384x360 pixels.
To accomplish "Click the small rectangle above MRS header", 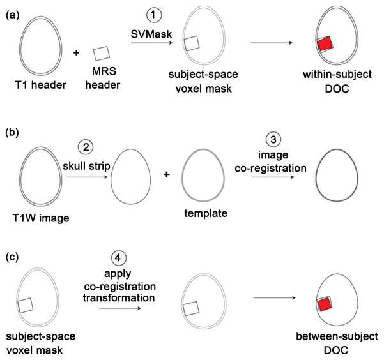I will click(x=102, y=53).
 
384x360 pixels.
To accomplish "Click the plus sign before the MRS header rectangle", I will click(x=77, y=52).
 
